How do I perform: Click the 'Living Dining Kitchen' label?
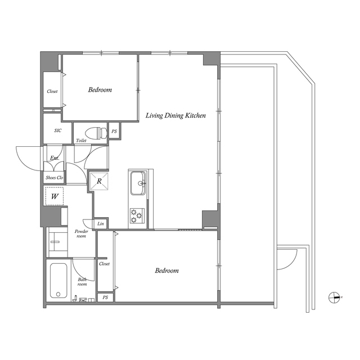[175, 115]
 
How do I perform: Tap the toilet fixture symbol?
[99, 133]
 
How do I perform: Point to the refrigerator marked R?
[100, 181]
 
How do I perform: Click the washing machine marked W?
[55, 196]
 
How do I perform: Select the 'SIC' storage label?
[57, 130]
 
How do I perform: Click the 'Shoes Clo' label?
[55, 178]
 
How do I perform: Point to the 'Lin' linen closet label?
[101, 224]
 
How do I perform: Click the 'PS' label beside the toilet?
[114, 132]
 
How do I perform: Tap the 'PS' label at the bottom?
[105, 297]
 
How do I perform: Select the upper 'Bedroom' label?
[100, 89]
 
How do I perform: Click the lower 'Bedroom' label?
[166, 271]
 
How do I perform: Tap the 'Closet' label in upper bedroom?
[52, 92]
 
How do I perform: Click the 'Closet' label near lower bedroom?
[104, 263]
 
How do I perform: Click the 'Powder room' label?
[81, 234]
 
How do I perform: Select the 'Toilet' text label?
[81, 141]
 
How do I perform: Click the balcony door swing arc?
[287, 259]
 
